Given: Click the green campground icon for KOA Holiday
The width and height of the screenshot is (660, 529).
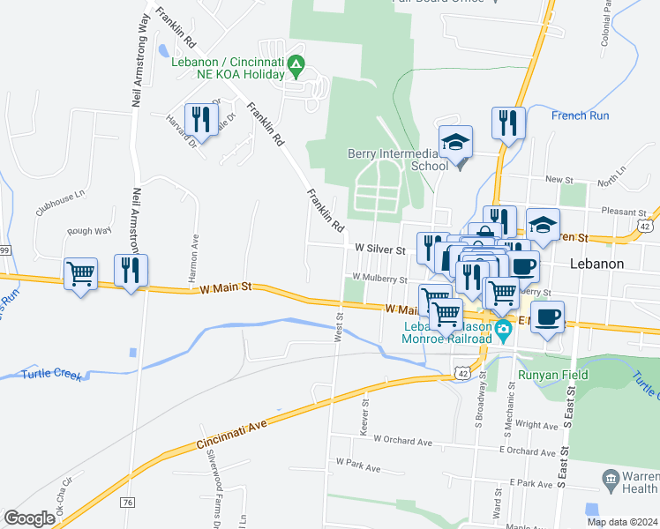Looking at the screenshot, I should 297,63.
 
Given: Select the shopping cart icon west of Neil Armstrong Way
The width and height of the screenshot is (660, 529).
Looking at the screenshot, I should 81,274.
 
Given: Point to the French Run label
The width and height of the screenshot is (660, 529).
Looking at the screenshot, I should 580,115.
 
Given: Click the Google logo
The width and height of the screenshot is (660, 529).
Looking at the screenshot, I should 29,518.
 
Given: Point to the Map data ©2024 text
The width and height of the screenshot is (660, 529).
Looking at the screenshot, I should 622,522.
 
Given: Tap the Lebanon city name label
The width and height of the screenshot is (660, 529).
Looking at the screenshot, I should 597,264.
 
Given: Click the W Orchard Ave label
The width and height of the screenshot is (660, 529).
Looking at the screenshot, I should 402,438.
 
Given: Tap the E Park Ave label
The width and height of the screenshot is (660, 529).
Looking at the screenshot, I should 531,483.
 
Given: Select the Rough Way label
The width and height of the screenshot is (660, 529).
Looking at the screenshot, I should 89,231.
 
